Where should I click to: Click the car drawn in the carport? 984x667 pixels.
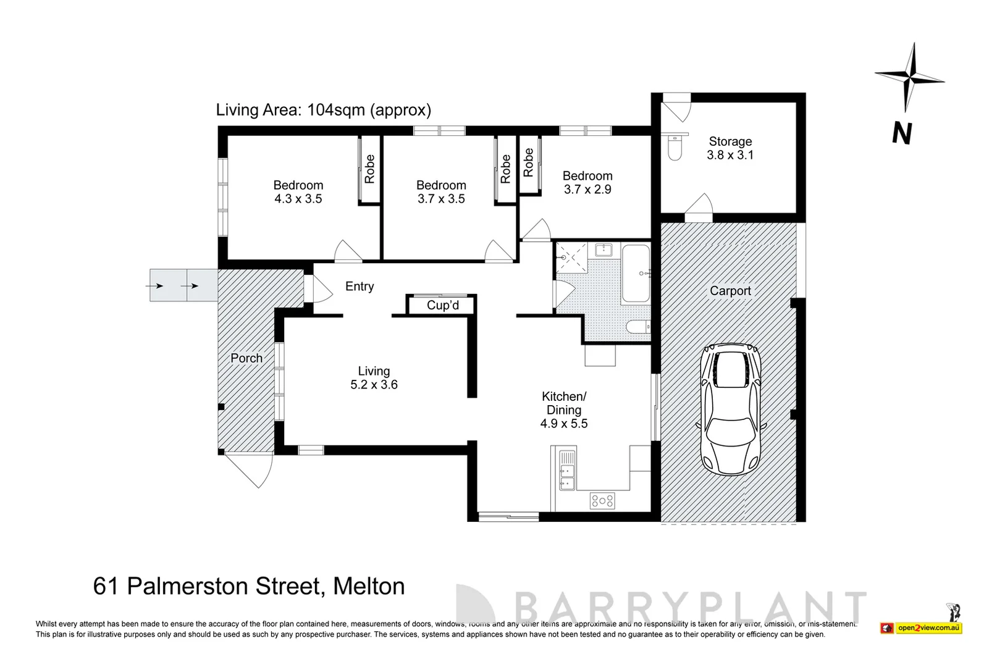coord(730,409)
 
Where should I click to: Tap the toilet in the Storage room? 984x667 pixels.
coord(675,149)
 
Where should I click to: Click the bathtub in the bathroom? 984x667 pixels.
coord(636,273)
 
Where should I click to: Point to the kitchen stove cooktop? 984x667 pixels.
coord(602,500)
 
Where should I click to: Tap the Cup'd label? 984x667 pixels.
coord(442,306)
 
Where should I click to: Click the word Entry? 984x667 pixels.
coord(360,287)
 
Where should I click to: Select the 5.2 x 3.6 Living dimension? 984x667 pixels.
coord(374,385)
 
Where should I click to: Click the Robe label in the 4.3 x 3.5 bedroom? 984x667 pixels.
coord(369,169)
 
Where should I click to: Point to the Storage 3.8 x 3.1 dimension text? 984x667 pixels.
coord(730,155)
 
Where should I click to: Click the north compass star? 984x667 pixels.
coord(909,78)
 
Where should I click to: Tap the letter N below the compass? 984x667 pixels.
coord(902,133)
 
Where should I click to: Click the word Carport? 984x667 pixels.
coord(730,291)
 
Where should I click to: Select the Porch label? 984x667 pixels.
coord(246,358)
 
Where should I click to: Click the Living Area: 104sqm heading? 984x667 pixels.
coord(323,110)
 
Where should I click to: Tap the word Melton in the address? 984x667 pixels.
coord(369,586)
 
